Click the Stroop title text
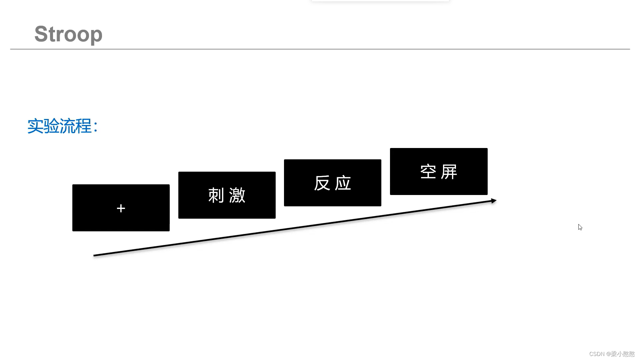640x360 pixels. (x=68, y=34)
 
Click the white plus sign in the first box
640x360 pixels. (x=121, y=208)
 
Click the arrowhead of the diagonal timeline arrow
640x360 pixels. (x=494, y=201)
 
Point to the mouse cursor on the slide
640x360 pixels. (x=580, y=227)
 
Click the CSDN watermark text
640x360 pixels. (x=612, y=354)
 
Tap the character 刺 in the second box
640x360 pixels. (x=216, y=195)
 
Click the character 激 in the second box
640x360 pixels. (x=237, y=195)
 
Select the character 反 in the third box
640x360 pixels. (x=322, y=183)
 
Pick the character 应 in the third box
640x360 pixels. (x=343, y=183)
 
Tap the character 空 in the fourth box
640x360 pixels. (x=428, y=172)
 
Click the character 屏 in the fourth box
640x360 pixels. (x=449, y=172)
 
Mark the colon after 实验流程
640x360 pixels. (x=96, y=127)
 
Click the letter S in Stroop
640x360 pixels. (x=41, y=34)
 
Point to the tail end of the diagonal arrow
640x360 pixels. (x=95, y=255)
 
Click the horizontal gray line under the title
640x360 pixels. (x=320, y=49)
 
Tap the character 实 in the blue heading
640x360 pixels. (x=35, y=126)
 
